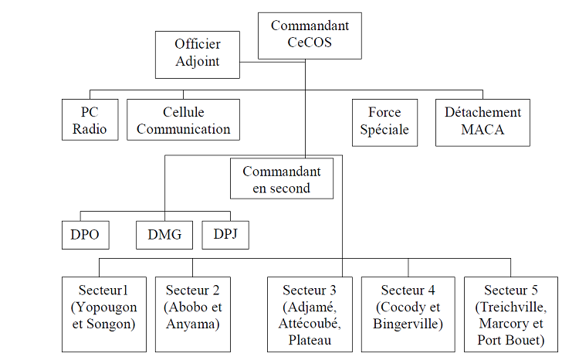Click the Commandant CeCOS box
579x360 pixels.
coord(309,35)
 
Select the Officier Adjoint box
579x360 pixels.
coord(197,53)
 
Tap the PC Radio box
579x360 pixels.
coord(90,120)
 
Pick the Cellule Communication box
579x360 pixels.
coord(183,120)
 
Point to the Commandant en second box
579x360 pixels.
coord(282,178)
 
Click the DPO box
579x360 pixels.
coord(85,234)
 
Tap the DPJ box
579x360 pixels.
coord(225,234)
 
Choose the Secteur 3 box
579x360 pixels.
coord(310,313)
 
